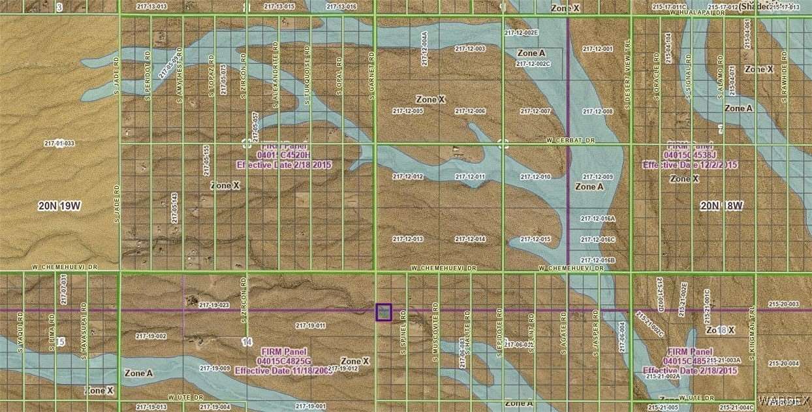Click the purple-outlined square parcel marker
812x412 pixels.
pyautogui.click(x=384, y=312)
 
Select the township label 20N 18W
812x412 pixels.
pyautogui.click(x=722, y=206)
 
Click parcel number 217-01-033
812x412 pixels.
pyautogui.click(x=59, y=144)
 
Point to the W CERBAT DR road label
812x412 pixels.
pyautogui.click(x=571, y=140)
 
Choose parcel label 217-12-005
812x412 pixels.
pyautogui.click(x=408, y=112)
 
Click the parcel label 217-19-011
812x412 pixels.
pyautogui.click(x=310, y=325)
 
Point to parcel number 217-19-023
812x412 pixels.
pyautogui.click(x=214, y=305)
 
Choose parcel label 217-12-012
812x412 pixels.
pyautogui.click(x=408, y=177)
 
